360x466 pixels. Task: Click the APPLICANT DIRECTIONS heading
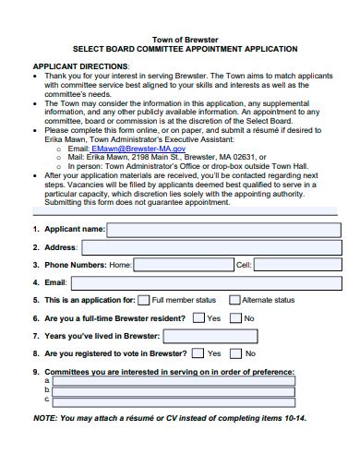pos(81,67)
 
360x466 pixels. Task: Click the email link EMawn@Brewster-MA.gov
pos(138,148)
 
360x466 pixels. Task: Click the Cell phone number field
pos(294,264)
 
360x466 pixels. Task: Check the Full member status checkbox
pos(143,300)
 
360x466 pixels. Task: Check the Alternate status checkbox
pos(234,300)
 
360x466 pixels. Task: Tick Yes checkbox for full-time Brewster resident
pos(198,317)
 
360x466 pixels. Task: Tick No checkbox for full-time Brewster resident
pos(236,317)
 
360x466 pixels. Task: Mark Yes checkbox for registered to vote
pos(198,353)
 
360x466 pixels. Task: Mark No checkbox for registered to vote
pos(236,353)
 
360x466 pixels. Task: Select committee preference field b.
pos(174,390)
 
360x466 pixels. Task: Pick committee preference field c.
pos(174,401)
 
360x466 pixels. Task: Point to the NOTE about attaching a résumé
pos(169,418)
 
